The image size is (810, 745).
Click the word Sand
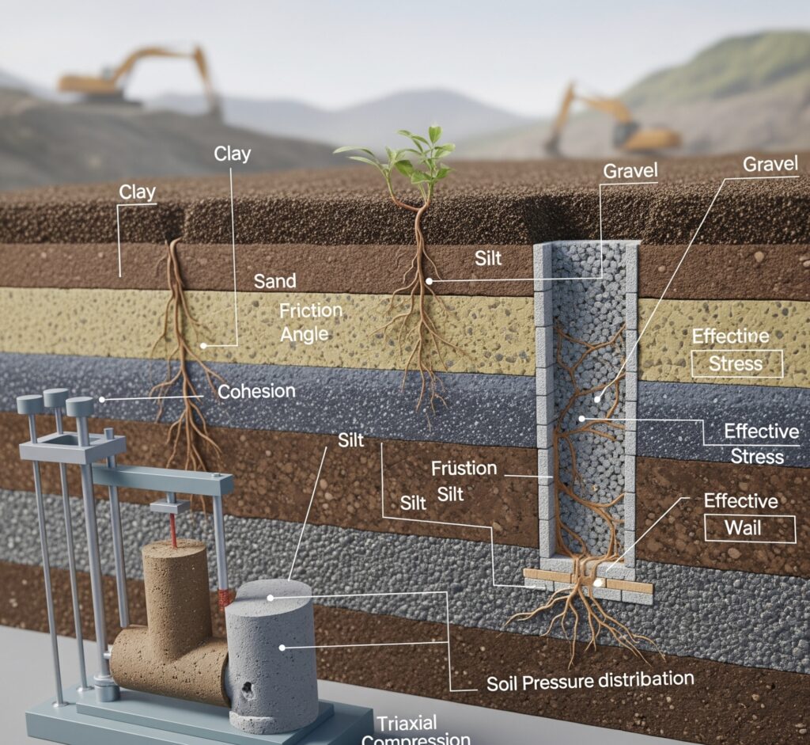click(274, 281)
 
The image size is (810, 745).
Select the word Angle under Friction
click(304, 333)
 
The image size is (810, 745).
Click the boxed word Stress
click(736, 364)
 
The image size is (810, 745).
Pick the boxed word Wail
click(748, 527)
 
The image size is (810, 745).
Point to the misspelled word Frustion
click(464, 468)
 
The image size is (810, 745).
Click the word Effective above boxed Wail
click(740, 501)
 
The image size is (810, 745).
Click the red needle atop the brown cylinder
click(172, 529)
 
